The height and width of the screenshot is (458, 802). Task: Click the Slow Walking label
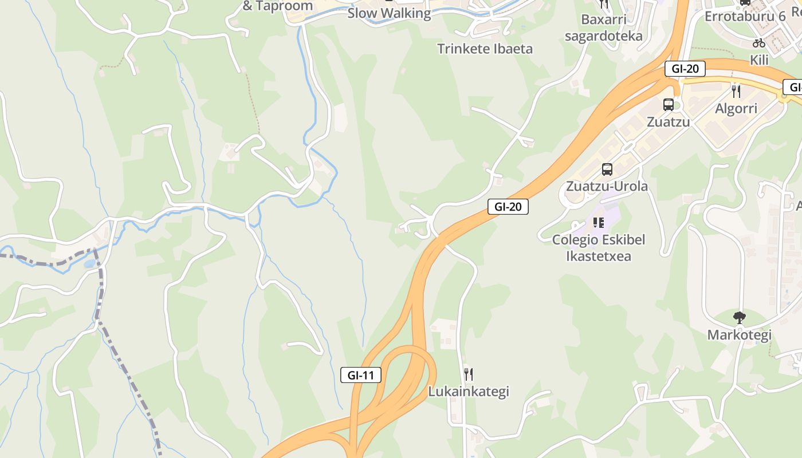coord(389,13)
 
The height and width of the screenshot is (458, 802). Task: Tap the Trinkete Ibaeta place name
coord(485,49)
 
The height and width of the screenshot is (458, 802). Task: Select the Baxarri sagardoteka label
coord(603,28)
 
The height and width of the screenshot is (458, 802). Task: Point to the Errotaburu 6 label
coord(745,16)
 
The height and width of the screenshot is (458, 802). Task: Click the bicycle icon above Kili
coord(759,43)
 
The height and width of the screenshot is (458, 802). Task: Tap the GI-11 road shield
coord(361,376)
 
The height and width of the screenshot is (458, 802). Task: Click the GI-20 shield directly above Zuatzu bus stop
coord(685,69)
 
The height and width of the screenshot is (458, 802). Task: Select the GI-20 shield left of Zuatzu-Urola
coord(508,207)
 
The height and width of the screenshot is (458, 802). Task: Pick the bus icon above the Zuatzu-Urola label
coord(607,169)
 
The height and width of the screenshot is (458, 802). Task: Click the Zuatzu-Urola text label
coord(607,186)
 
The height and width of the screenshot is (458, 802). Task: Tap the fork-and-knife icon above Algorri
coord(736,91)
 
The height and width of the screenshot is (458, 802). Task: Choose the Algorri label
coord(736,108)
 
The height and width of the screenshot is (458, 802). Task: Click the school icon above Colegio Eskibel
coord(599,222)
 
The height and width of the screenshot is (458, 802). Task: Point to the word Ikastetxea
coord(599,256)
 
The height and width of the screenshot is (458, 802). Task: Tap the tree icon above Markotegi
coord(740,317)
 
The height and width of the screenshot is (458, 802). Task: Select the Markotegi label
coord(740,334)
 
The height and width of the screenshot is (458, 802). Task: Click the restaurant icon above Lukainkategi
coord(469,374)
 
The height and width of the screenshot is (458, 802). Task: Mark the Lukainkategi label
coord(469,392)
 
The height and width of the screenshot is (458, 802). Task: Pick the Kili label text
coord(759,60)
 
